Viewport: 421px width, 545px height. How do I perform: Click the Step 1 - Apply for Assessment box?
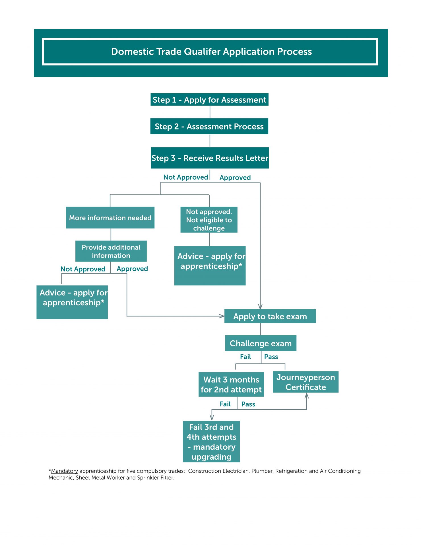coord(209,100)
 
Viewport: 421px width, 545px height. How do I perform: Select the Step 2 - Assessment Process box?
coord(209,126)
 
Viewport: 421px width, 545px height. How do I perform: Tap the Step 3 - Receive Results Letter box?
coord(210,158)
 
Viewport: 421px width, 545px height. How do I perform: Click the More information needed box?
coord(110,218)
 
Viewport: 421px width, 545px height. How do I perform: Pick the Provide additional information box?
coord(111,251)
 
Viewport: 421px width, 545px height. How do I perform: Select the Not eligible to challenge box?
coord(209,220)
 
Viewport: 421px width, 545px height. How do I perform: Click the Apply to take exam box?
coord(270,316)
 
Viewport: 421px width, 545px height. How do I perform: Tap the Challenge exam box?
coord(261,343)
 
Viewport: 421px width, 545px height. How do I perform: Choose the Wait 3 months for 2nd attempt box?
coord(231,384)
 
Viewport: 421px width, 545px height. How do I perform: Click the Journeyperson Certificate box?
coord(306,382)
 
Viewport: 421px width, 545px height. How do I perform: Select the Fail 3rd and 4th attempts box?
coord(211,442)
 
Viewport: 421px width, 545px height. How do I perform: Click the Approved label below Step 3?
coord(235,178)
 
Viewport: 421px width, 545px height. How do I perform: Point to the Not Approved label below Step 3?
coord(185,177)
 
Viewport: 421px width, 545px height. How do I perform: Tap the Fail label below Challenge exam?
coord(245,357)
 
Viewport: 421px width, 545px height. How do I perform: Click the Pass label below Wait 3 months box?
coord(248,404)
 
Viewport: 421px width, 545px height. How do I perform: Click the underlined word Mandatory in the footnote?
coord(64,471)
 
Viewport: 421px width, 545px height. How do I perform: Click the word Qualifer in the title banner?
coord(202,52)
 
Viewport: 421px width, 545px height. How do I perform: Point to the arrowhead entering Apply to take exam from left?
coord(222,316)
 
